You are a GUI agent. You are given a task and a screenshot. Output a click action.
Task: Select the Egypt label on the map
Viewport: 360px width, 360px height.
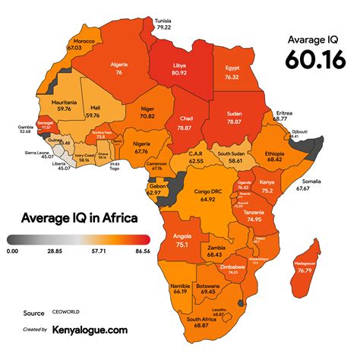pos(232,68)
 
